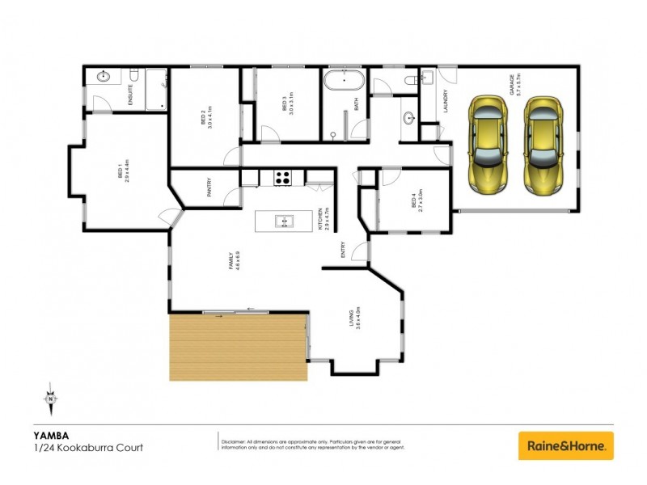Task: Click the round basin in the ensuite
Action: [104, 78]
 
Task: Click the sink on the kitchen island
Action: [283, 221]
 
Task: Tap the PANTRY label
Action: [209, 189]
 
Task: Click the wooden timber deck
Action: [237, 347]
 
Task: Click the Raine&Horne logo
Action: [565, 445]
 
